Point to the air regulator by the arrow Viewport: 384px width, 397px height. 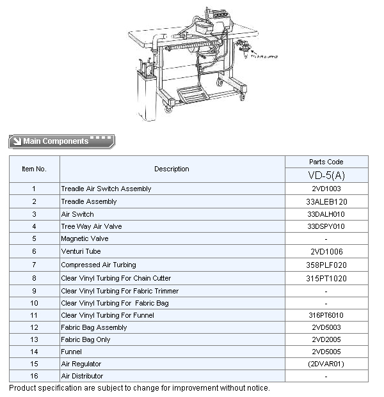tap(244, 46)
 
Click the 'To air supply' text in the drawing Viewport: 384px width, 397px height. tap(266, 57)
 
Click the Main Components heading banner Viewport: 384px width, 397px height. tap(61, 141)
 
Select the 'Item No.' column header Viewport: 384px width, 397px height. tap(34, 169)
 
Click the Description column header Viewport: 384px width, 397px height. tap(172, 169)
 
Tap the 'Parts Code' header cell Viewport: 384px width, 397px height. tap(326, 162)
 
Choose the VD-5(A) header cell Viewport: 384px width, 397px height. tap(326, 175)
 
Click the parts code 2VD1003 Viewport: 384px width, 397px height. tap(326, 189)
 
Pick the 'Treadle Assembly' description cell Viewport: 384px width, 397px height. tap(89, 201)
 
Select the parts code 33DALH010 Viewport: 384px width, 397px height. tap(326, 214)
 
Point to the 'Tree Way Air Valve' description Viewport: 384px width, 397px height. tap(91, 226)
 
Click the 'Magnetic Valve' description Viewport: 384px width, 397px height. tap(84, 238)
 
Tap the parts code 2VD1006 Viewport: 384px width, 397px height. tap(326, 252)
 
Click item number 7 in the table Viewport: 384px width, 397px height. tap(34, 265)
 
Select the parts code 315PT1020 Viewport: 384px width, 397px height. tap(326, 278)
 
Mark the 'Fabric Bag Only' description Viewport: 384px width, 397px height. tap(85, 339)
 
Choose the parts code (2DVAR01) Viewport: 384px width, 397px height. tap(326, 364)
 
